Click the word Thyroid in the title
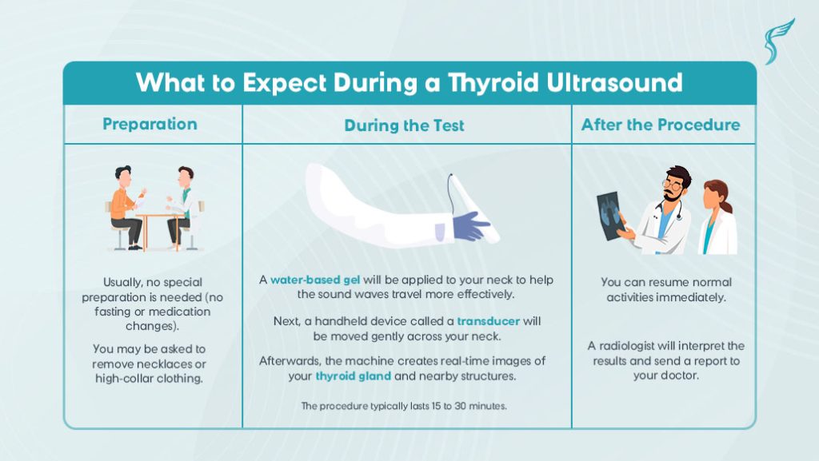pos(493,83)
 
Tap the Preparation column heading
pos(150,124)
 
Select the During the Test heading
pos(404,125)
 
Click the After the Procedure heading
pos(661,125)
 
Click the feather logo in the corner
pos(777,42)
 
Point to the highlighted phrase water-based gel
pos(315,280)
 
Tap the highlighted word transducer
pos(489,321)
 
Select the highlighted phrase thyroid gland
pos(353,376)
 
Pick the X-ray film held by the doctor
pos(610,216)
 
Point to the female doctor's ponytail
pos(726,205)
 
